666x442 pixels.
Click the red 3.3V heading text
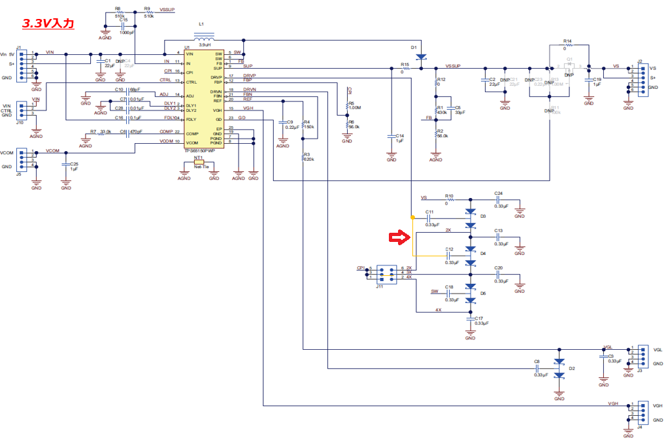(48, 23)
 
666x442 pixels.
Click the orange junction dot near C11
(412, 217)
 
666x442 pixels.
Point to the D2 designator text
(572, 369)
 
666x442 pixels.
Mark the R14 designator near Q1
(568, 41)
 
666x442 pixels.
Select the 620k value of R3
(309, 160)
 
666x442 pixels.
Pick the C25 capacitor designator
(74, 164)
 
